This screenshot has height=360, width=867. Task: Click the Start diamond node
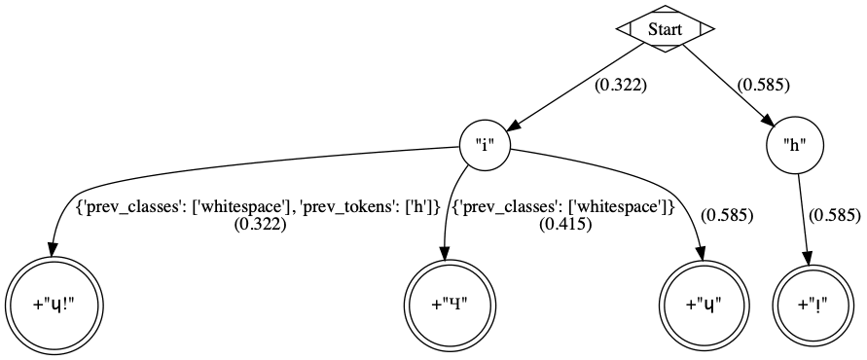[666, 29]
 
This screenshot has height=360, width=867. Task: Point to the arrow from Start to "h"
[730, 88]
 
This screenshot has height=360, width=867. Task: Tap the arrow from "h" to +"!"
[804, 219]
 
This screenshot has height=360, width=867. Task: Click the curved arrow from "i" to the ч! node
[195, 171]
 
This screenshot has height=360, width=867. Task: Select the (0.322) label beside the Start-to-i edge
[621, 85]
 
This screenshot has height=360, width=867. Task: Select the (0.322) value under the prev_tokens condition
[258, 224]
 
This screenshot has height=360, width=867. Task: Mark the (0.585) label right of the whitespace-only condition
[726, 214]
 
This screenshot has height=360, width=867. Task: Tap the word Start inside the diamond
[666, 29]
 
